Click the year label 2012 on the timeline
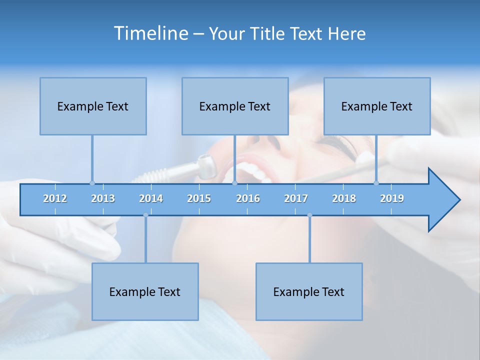[55, 198]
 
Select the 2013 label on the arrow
[103, 198]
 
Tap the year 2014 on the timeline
[151, 198]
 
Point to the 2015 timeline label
[199, 198]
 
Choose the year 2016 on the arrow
[248, 198]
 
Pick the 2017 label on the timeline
[296, 198]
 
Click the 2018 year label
[344, 198]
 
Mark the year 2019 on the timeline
[392, 198]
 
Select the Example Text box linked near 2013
[93, 106]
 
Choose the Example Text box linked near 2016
[235, 106]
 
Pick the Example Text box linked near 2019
[377, 106]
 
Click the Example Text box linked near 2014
[145, 291]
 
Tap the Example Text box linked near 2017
[309, 291]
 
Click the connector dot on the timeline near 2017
[309, 215]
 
